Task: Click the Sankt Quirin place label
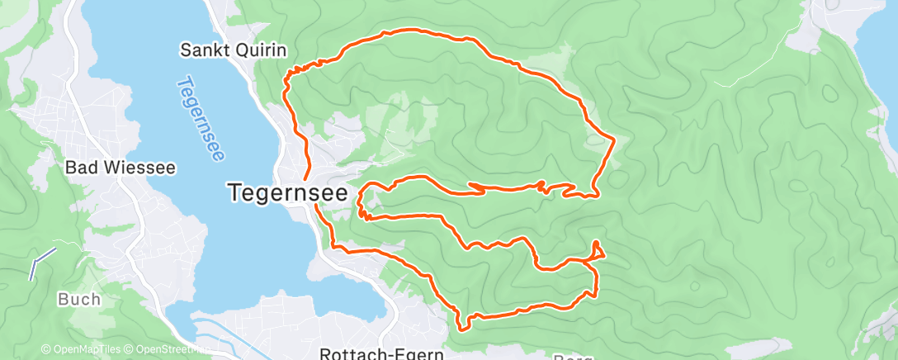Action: coord(234,50)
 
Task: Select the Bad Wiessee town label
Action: coord(121,168)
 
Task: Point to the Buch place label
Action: coord(79,299)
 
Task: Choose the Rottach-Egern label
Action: coord(382,353)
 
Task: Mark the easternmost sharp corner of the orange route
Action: coord(615,140)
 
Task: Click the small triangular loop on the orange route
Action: coord(596,251)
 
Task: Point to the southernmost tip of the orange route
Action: coord(460,329)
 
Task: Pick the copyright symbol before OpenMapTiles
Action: coord(45,350)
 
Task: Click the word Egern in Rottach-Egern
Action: coord(423,353)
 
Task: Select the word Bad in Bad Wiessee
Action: coord(81,168)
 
